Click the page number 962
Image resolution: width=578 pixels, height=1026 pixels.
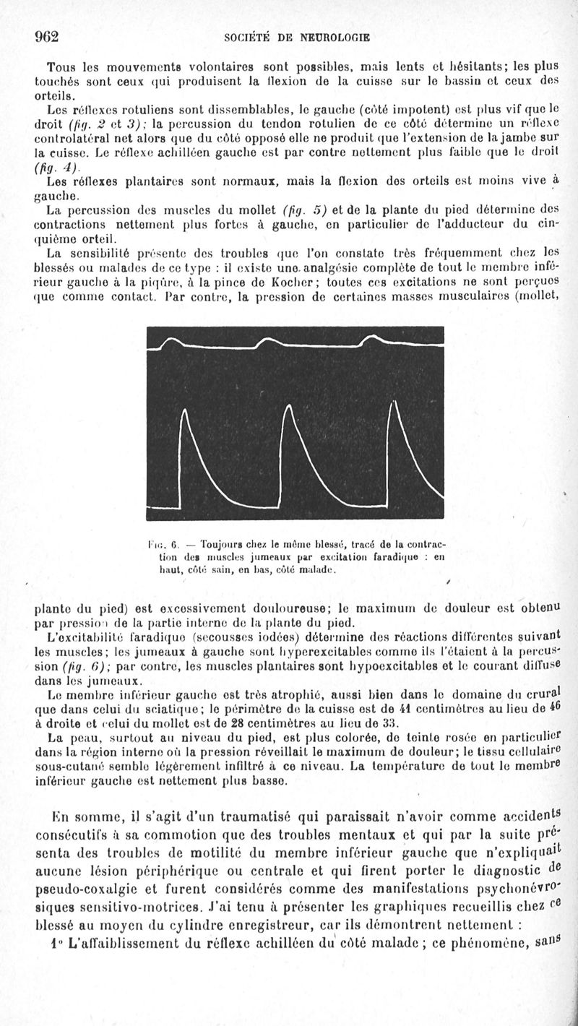click(x=45, y=38)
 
